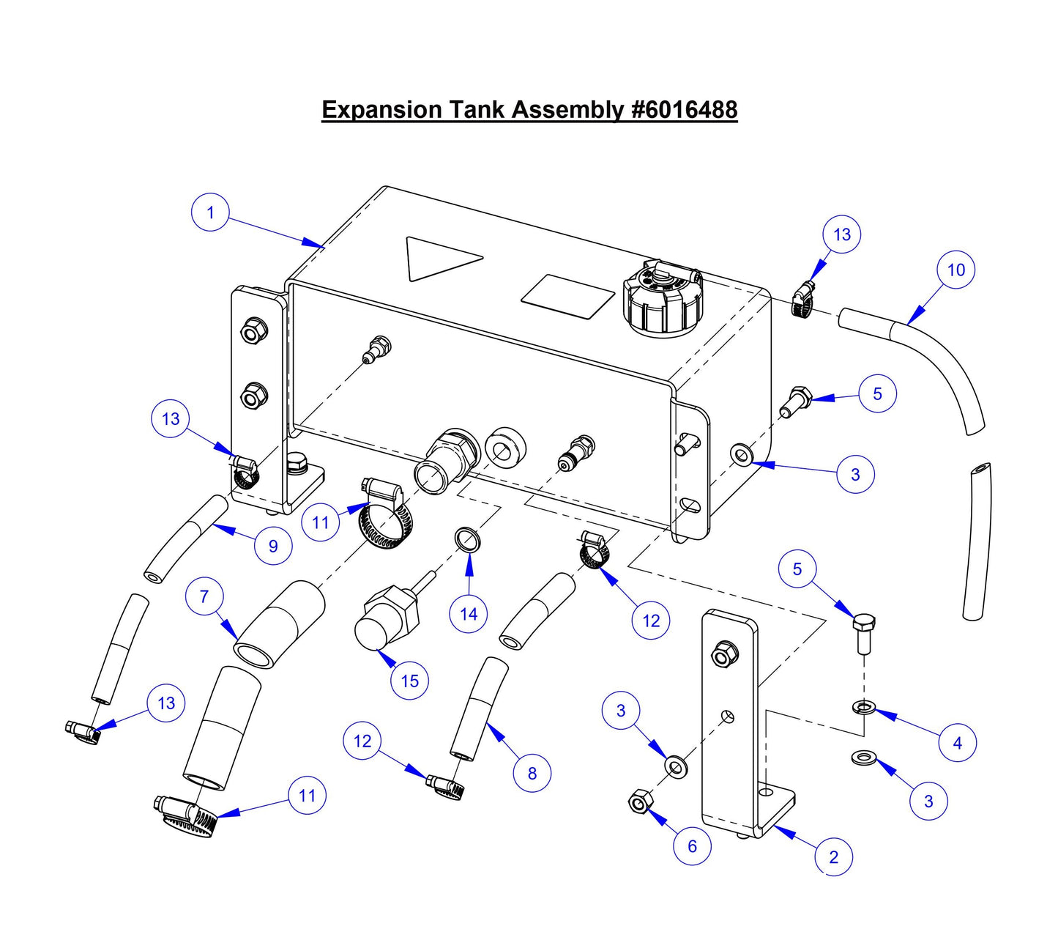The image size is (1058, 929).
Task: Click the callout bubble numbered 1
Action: click(x=210, y=212)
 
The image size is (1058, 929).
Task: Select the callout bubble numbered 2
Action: click(x=833, y=856)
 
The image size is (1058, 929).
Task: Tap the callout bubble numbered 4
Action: click(x=957, y=743)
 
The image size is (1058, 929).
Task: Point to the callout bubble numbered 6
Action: click(x=692, y=846)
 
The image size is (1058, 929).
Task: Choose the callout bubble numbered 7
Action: click(x=204, y=596)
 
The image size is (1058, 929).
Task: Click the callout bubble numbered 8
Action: click(x=532, y=773)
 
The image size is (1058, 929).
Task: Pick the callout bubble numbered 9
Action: click(x=273, y=546)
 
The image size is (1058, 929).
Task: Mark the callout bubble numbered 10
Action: click(x=956, y=270)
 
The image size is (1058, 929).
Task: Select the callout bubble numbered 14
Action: click(x=469, y=613)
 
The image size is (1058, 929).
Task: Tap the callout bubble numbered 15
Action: click(x=409, y=681)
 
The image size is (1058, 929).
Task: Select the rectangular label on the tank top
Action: click(x=568, y=296)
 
